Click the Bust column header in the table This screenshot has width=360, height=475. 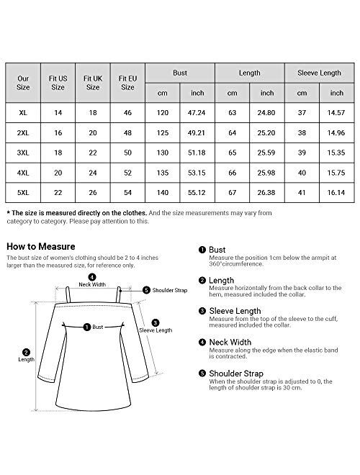coord(179,73)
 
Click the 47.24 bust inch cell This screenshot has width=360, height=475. coord(197,114)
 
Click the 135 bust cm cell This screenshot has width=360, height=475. coord(163,173)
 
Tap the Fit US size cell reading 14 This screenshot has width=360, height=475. coord(59,114)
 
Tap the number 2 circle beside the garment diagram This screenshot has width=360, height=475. coord(27,353)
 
